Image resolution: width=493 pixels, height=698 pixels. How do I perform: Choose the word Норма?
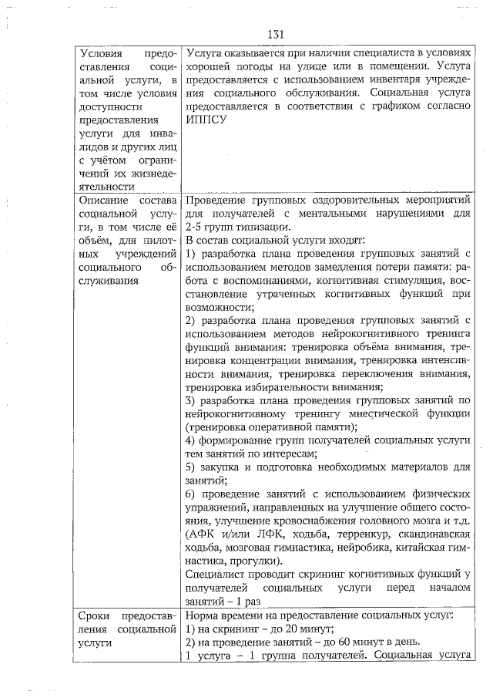click(203, 615)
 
